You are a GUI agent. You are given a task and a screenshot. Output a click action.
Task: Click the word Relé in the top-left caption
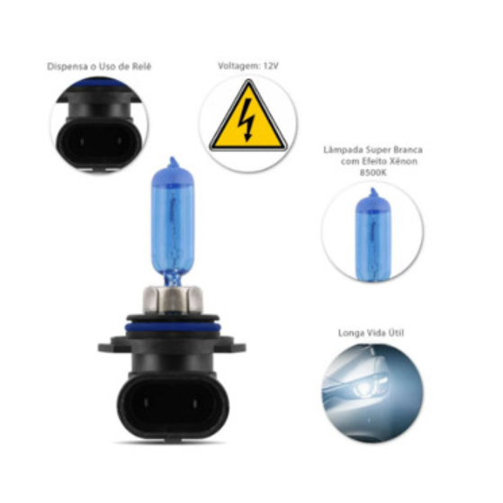pos(141,67)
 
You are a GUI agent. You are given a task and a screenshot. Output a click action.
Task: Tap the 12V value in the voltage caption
pos(271,66)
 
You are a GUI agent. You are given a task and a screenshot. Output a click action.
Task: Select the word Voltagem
pos(239,67)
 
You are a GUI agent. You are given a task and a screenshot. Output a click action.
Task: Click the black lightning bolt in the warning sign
pos(248,120)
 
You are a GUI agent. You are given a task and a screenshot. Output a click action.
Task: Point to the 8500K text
pos(373,173)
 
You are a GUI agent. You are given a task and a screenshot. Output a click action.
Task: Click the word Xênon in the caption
pos(403,161)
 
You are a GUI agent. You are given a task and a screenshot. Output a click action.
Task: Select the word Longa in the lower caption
pos(350,333)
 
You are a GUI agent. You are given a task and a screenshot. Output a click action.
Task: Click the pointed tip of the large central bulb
pos(173,157)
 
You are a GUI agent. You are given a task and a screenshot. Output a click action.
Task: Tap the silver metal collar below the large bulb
pos(173,300)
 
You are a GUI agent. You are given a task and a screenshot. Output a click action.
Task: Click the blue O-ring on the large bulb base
pos(173,328)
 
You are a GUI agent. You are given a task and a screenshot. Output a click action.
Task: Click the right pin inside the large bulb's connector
pos(194,402)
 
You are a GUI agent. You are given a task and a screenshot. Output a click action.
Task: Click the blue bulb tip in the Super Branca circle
pos(373,192)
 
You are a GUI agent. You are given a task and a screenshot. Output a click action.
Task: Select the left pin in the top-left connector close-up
pos(80,141)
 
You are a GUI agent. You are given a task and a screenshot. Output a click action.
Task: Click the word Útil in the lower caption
pos(396,333)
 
